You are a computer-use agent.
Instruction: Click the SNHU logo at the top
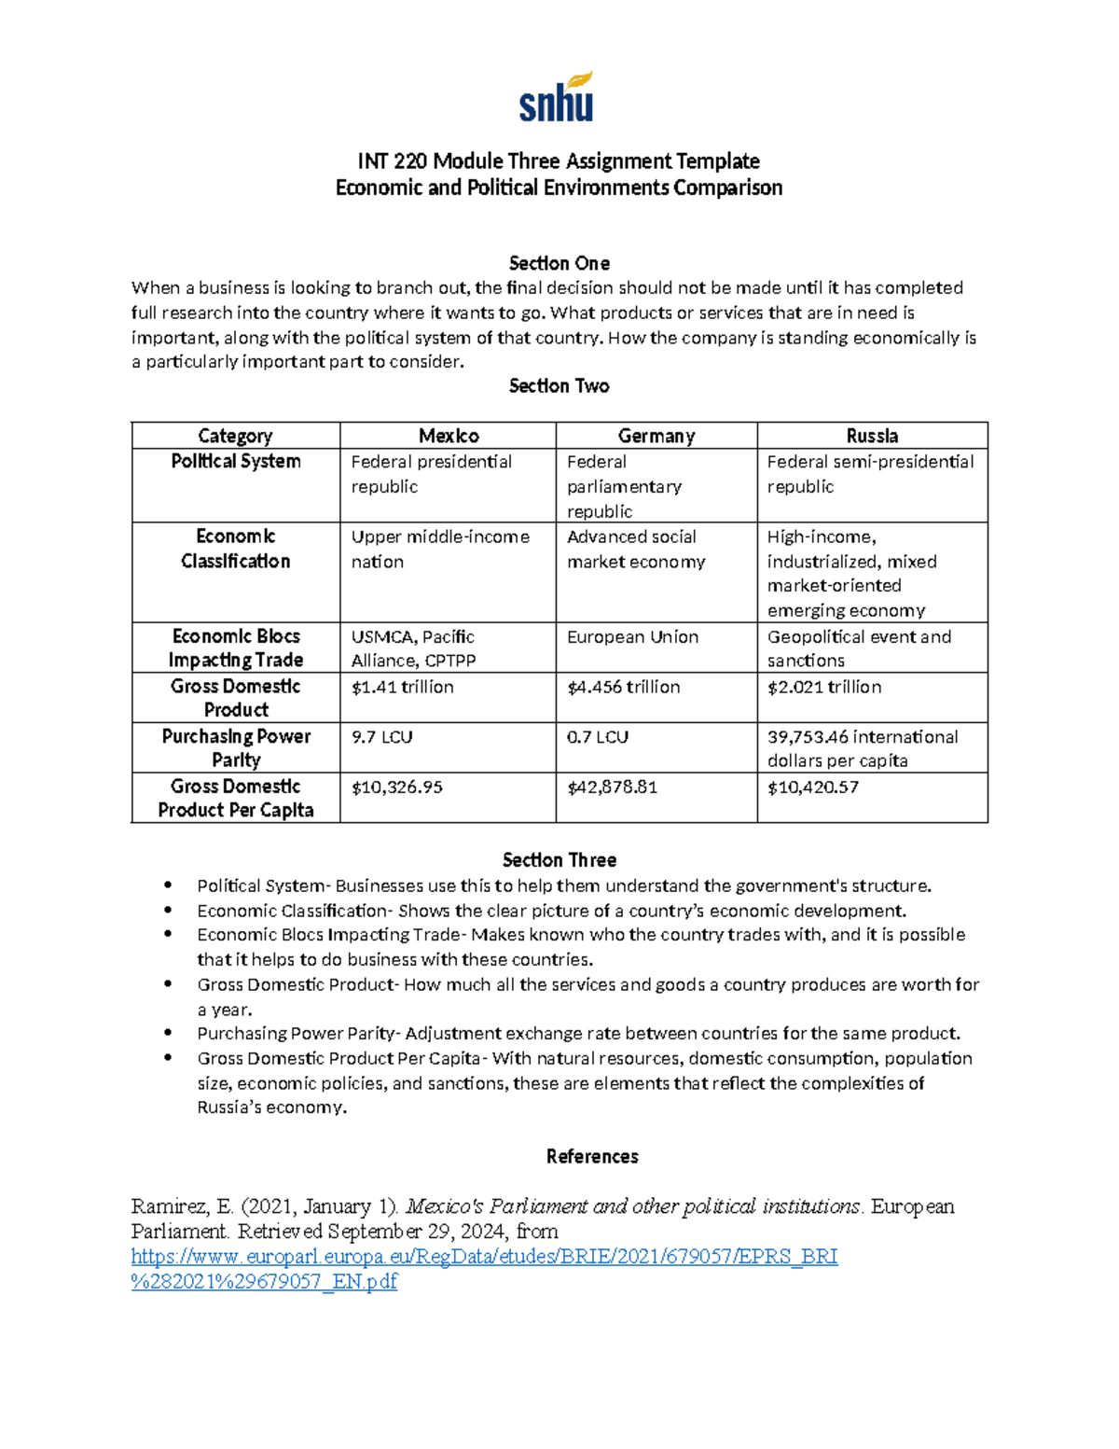point(557,97)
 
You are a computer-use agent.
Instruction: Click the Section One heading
point(559,263)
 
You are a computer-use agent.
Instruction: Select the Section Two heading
point(559,386)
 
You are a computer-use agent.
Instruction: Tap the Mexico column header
point(449,436)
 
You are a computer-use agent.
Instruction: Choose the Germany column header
point(656,436)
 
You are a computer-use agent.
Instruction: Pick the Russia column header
point(872,436)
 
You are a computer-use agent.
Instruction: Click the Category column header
point(235,436)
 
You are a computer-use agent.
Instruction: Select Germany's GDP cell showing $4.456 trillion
point(624,687)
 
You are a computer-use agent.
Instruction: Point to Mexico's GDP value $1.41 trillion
point(403,687)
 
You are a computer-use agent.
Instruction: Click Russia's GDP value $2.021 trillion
point(824,687)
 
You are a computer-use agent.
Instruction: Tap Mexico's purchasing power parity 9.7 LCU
point(381,737)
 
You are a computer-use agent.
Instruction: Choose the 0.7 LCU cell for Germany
point(598,737)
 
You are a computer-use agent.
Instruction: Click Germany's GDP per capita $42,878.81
point(613,787)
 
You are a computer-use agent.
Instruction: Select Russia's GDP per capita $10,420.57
point(813,787)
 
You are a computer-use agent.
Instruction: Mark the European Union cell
point(632,637)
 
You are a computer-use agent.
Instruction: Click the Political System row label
point(236,461)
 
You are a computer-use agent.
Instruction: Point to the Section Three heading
point(559,860)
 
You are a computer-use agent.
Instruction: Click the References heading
point(592,1157)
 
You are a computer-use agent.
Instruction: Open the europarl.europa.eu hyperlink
point(484,1257)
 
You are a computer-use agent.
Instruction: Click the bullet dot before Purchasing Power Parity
point(168,1033)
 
